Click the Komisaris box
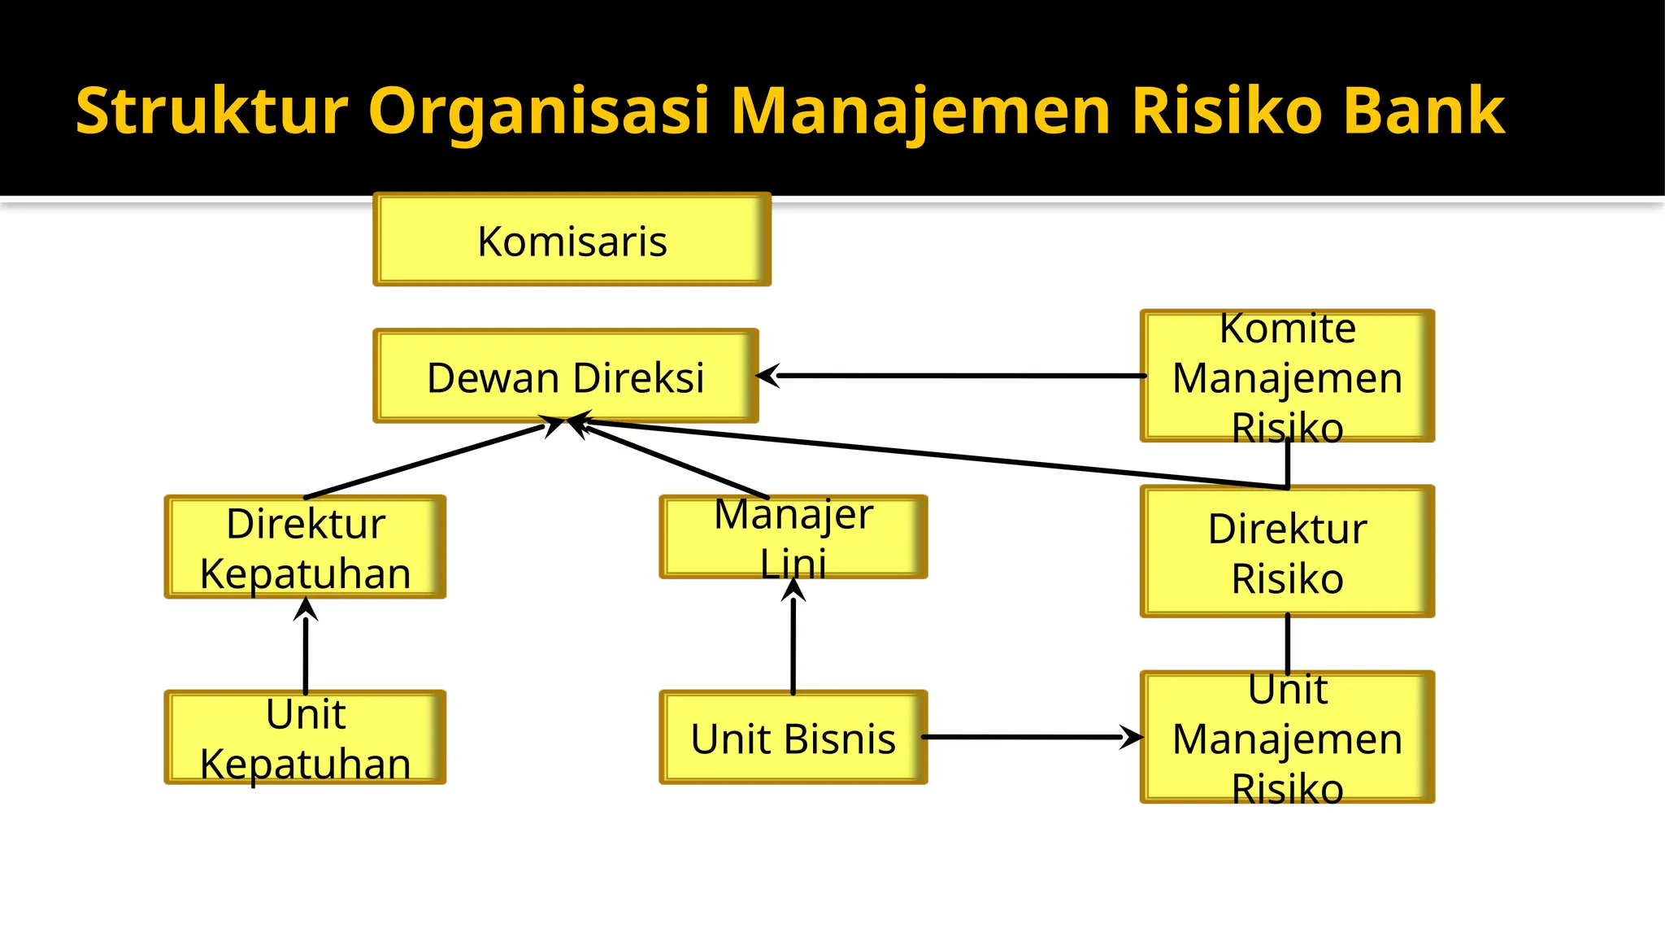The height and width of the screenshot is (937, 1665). [x=572, y=240]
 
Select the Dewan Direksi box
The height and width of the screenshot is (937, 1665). [x=565, y=377]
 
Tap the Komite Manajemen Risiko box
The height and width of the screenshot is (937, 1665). [x=1287, y=377]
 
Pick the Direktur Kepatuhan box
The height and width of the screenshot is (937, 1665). [x=305, y=547]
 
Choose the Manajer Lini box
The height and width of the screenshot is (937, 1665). [x=793, y=538]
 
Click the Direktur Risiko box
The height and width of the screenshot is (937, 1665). [x=1287, y=552]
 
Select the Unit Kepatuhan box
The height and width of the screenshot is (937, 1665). [x=305, y=738]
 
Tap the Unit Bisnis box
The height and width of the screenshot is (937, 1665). [x=793, y=738]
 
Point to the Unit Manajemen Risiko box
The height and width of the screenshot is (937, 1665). [x=1287, y=738]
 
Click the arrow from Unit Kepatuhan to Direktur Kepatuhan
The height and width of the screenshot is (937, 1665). [x=306, y=651]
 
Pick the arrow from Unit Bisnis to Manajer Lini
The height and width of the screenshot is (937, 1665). [x=793, y=643]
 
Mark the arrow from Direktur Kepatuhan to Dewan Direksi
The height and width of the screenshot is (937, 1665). [x=423, y=461]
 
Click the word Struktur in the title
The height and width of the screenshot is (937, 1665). [x=212, y=111]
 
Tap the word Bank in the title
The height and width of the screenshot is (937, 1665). [x=1424, y=111]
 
